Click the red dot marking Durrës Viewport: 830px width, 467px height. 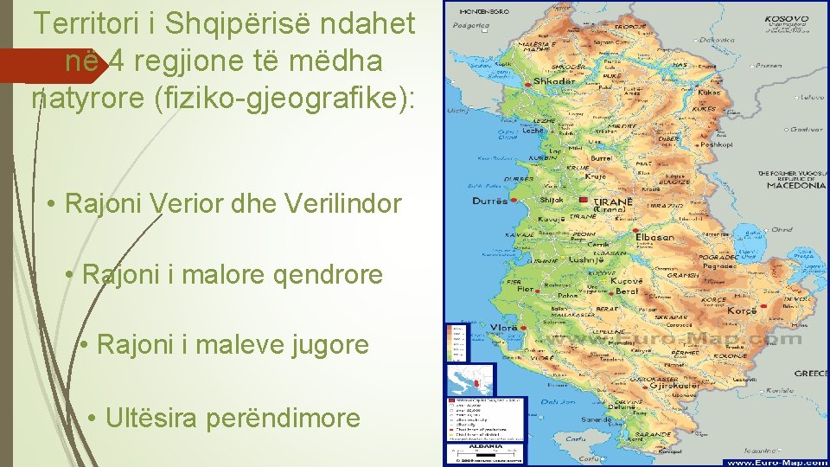pos(514,201)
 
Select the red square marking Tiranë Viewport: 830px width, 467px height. pos(584,202)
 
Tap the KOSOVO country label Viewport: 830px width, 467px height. pos(788,19)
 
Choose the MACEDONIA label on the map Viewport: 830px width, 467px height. pos(792,185)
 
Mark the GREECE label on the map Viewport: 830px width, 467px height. pos(811,374)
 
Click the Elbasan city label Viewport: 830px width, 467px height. pos(654,236)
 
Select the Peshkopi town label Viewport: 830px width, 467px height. pos(716,145)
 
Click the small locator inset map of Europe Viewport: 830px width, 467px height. pos(469,379)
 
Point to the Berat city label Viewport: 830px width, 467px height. pos(627,292)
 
